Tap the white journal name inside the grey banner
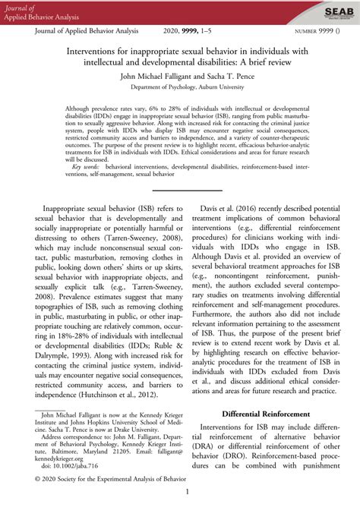35,12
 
